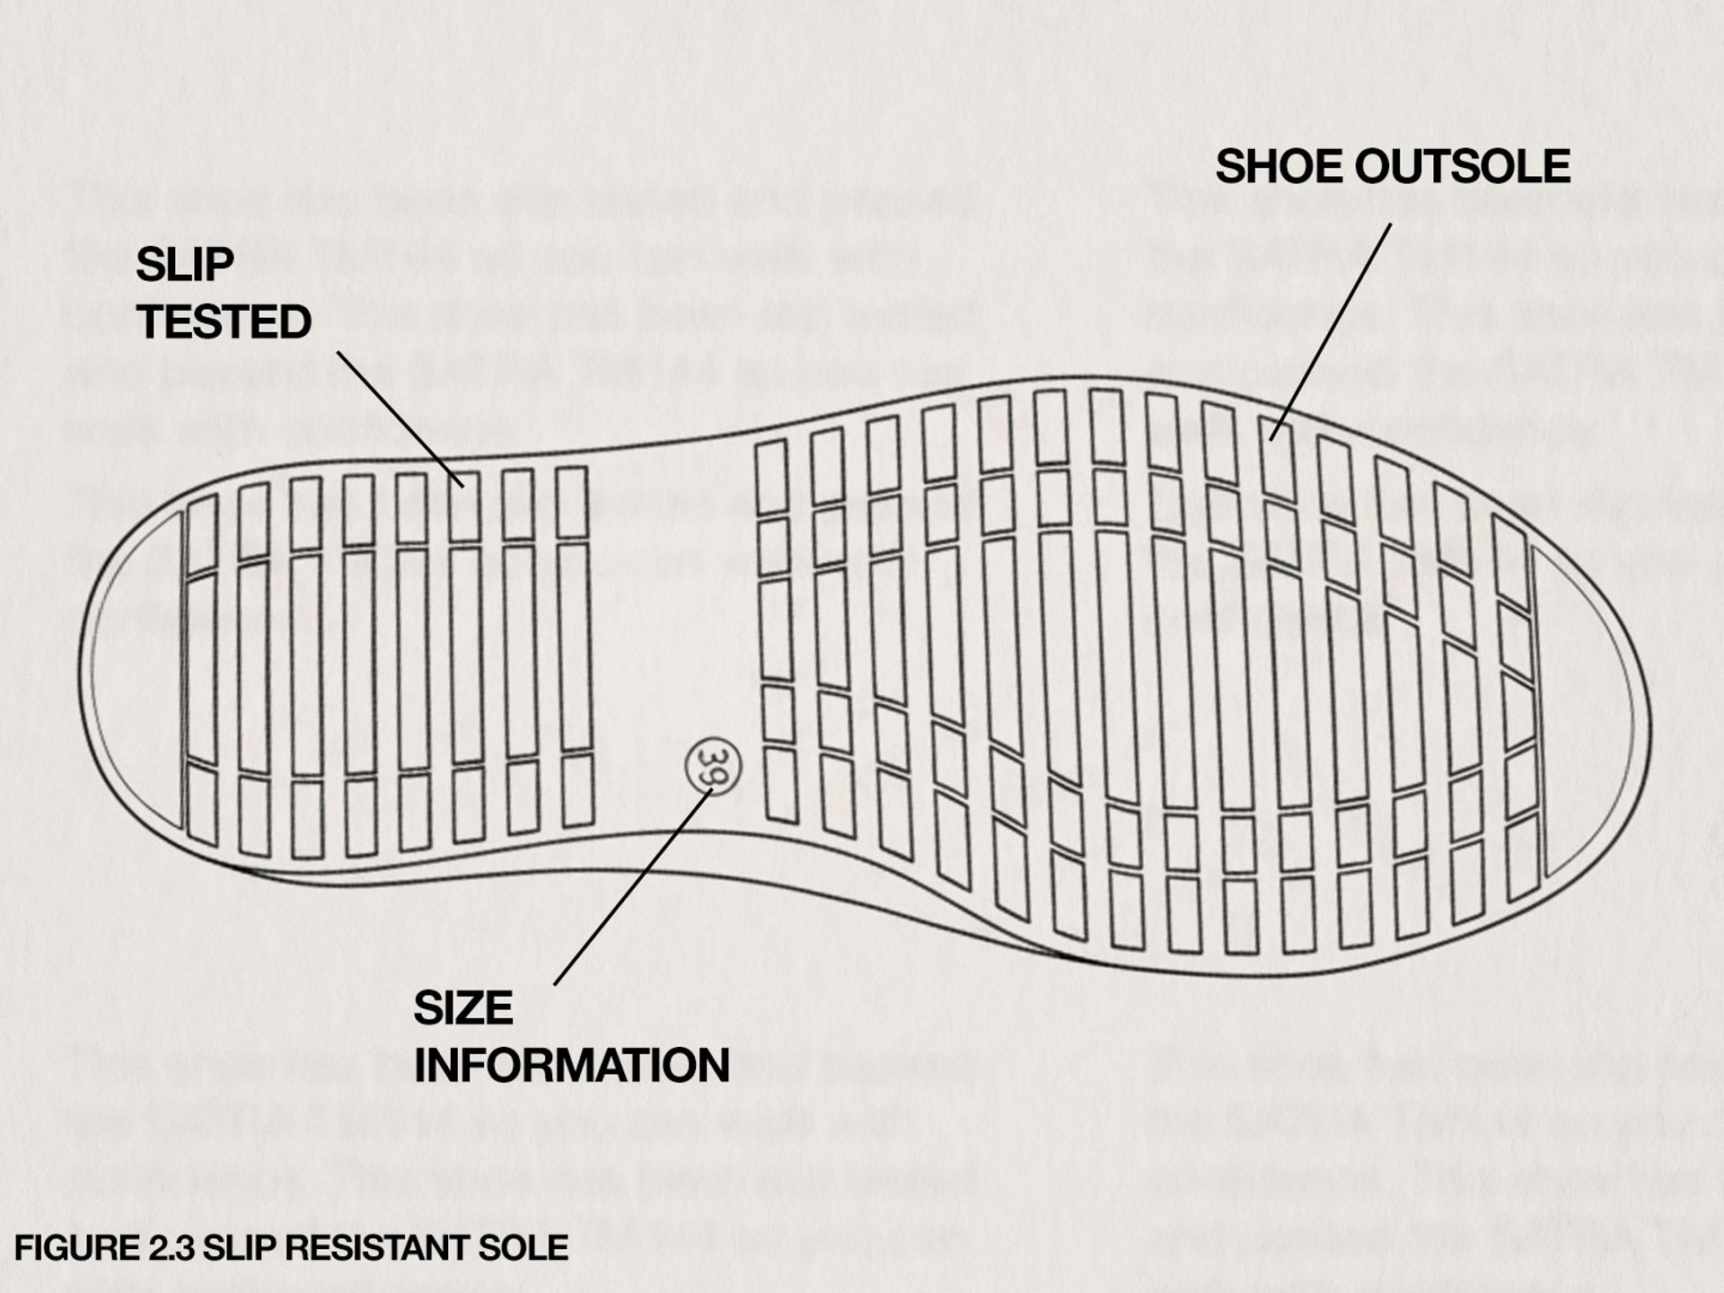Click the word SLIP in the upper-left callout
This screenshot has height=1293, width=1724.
(185, 265)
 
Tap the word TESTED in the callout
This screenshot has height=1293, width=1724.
(224, 322)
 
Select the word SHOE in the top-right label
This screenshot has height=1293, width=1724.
(1278, 167)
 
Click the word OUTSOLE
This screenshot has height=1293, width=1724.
(1462, 167)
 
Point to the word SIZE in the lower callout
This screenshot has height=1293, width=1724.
(462, 1008)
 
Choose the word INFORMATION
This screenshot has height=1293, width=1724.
(571, 1066)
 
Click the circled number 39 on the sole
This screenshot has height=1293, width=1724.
(712, 764)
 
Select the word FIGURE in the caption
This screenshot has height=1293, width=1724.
(75, 1248)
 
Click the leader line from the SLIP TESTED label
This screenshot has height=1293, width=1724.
(400, 418)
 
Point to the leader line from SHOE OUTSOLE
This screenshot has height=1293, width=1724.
(1331, 332)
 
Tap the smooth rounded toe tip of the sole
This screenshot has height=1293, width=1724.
(1594, 718)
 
